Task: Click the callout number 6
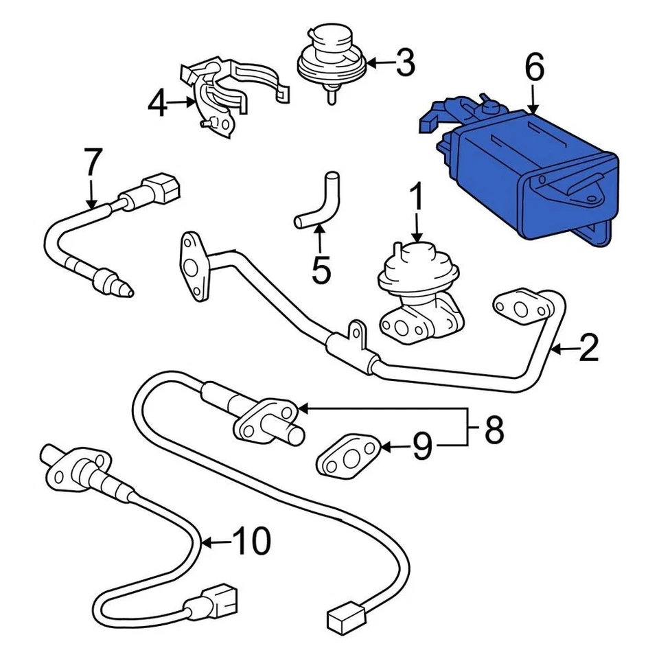(534, 69)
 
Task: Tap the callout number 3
(406, 64)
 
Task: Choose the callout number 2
(588, 349)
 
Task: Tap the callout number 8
(494, 430)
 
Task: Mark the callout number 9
(422, 448)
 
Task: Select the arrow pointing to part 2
(563, 349)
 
